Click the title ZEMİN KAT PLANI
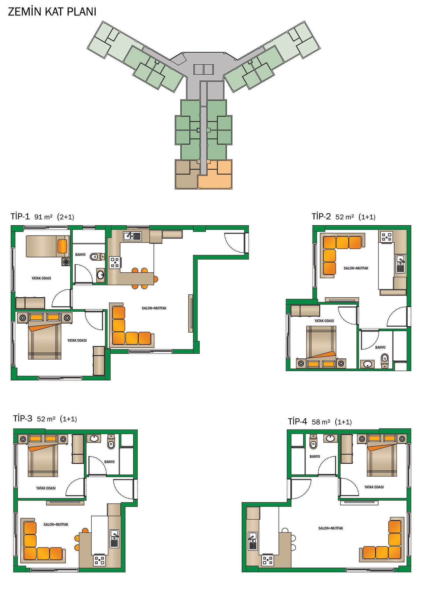coord(52,12)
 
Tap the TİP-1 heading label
coord(20,216)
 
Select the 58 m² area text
coord(321,422)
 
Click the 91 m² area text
coord(43,217)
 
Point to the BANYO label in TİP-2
coord(380,347)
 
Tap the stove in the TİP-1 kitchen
coord(115,262)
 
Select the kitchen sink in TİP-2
coord(401,264)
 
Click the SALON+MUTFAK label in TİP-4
coord(331,528)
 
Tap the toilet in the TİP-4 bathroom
coord(313,442)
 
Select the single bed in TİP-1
coord(48,246)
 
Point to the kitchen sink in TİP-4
coord(253,541)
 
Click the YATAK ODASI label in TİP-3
coord(46,488)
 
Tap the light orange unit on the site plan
coord(215,175)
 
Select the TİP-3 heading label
coord(23,418)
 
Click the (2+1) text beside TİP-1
coord(66,217)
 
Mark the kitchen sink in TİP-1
coord(132,236)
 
